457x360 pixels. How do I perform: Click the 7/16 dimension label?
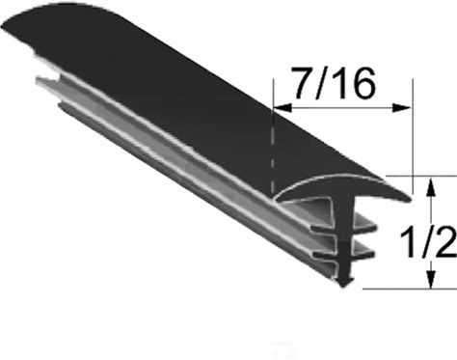(335, 83)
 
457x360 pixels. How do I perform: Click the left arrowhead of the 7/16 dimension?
(282, 108)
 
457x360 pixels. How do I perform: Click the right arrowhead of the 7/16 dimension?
(402, 108)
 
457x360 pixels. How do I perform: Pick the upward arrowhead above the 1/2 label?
(432, 188)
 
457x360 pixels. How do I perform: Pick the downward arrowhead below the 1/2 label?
(432, 279)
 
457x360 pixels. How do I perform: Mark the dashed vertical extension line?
(273, 138)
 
